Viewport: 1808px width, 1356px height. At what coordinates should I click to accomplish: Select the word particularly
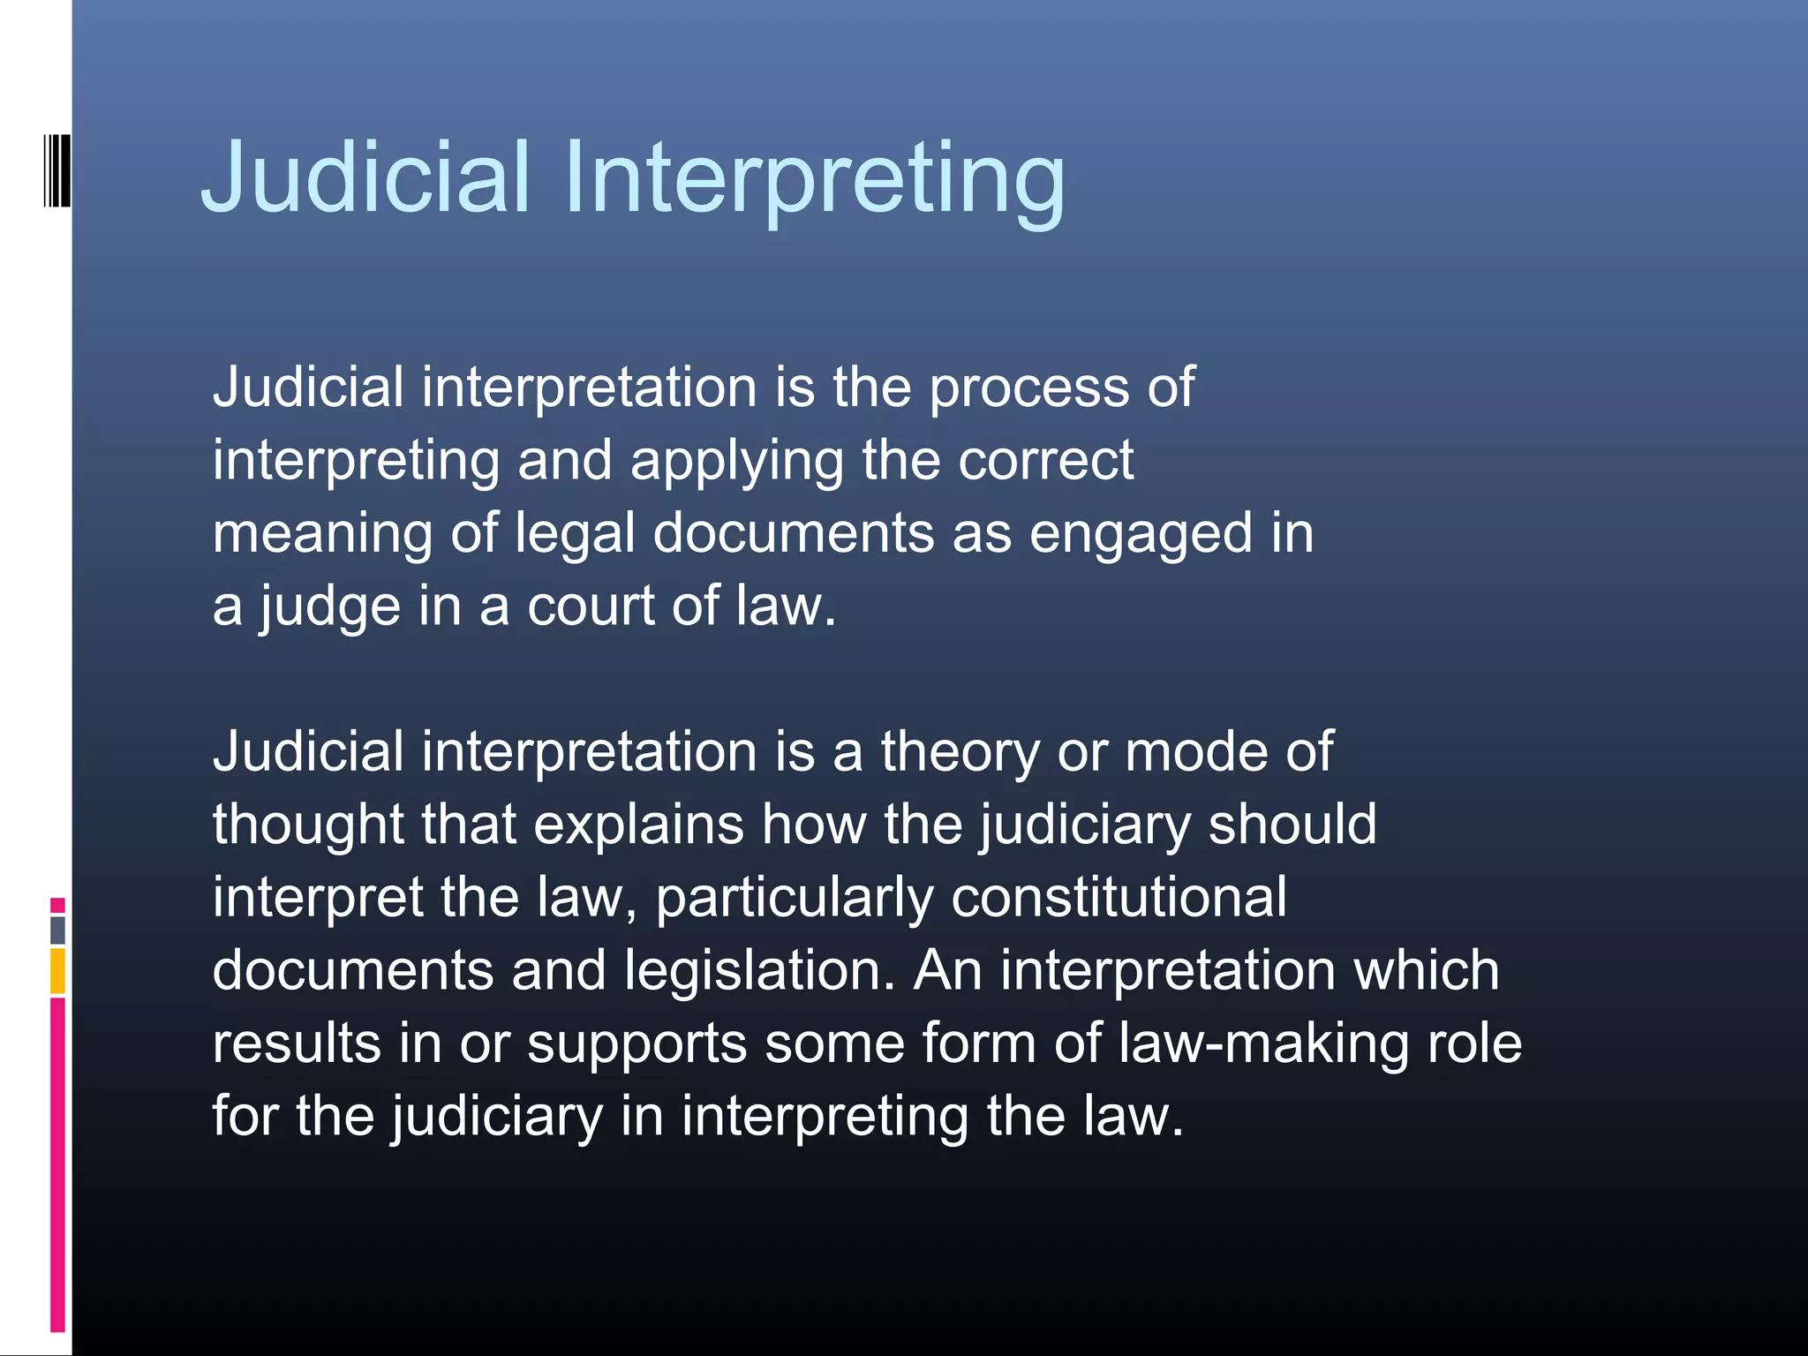(795, 899)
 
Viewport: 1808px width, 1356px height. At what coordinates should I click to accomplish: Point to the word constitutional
(1119, 899)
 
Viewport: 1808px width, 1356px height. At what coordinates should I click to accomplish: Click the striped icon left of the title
(57, 170)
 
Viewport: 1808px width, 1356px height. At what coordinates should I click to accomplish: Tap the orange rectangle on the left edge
(57, 971)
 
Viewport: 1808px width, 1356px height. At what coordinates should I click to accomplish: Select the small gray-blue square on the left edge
(57, 930)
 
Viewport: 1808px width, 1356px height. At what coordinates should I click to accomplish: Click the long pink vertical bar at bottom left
(57, 1164)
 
